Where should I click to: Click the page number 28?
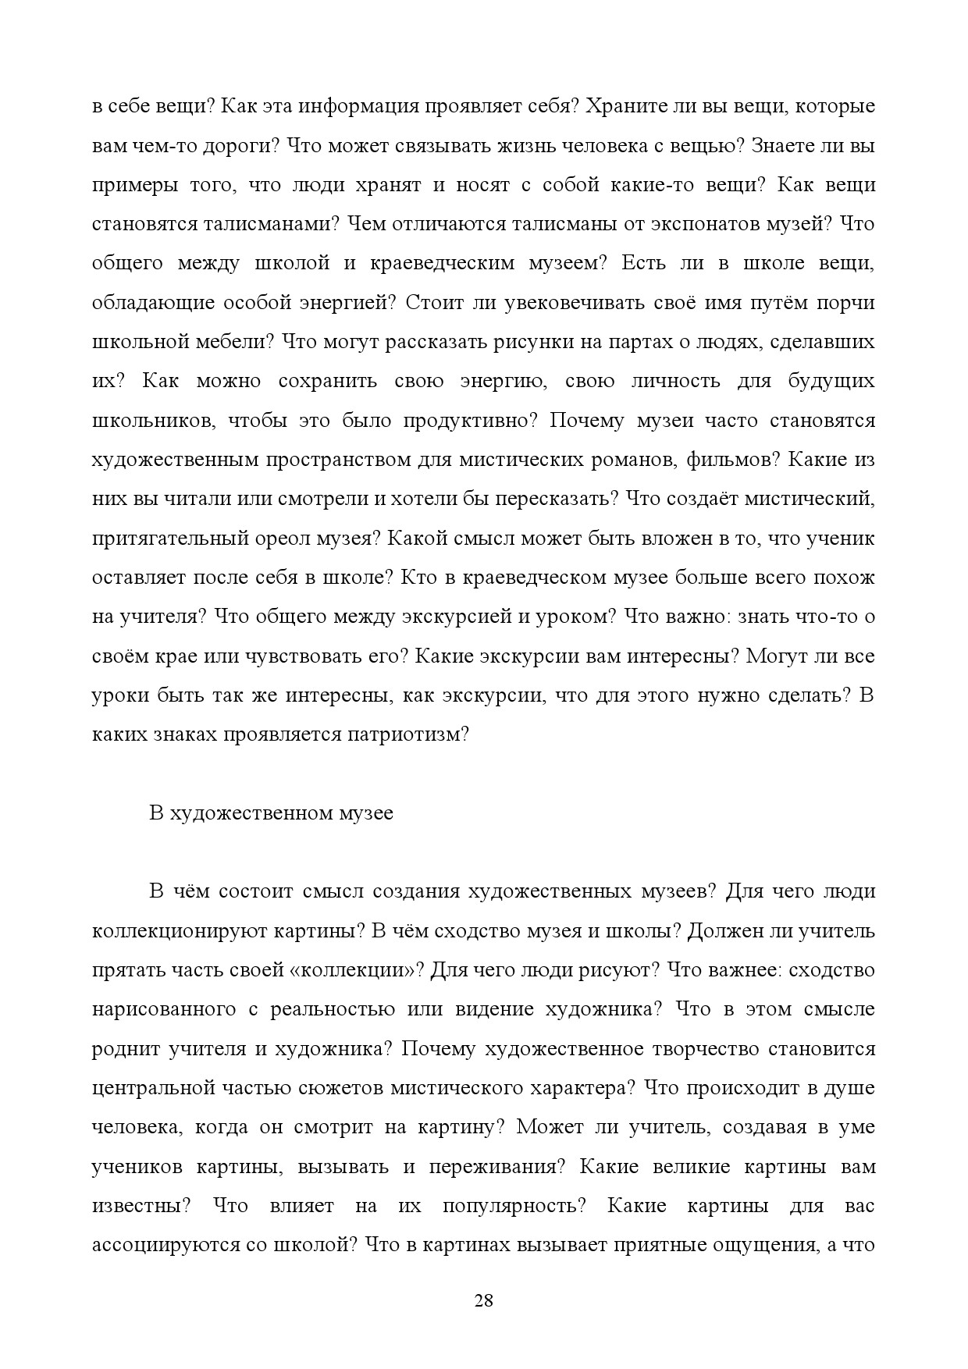point(484,1300)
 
